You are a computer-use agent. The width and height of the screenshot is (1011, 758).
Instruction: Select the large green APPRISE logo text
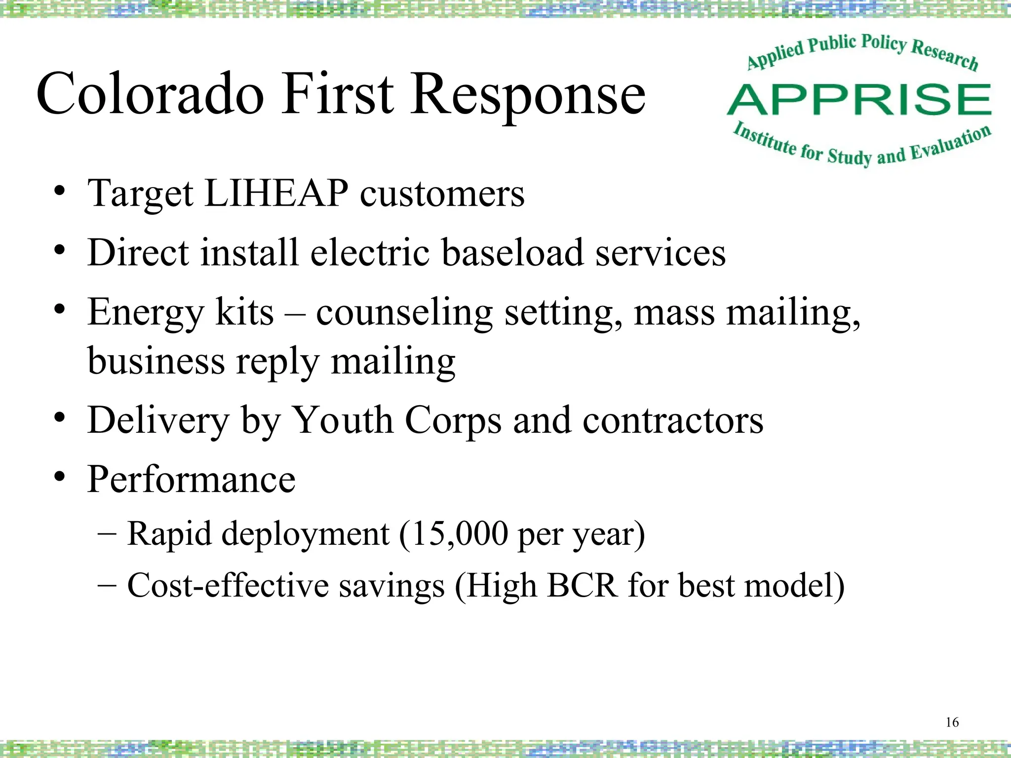click(x=859, y=100)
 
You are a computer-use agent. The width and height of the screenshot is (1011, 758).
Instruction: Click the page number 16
click(x=952, y=722)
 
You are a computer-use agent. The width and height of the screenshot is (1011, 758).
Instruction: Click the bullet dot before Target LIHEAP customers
click(x=60, y=191)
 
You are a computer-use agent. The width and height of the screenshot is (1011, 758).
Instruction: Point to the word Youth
click(x=342, y=420)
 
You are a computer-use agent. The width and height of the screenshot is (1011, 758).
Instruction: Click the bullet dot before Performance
click(x=60, y=477)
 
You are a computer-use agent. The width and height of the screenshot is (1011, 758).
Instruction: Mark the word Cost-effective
click(x=228, y=586)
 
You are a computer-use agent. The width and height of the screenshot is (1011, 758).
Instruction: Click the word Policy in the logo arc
click(x=884, y=42)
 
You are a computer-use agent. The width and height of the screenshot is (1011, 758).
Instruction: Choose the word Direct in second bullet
click(x=138, y=253)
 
